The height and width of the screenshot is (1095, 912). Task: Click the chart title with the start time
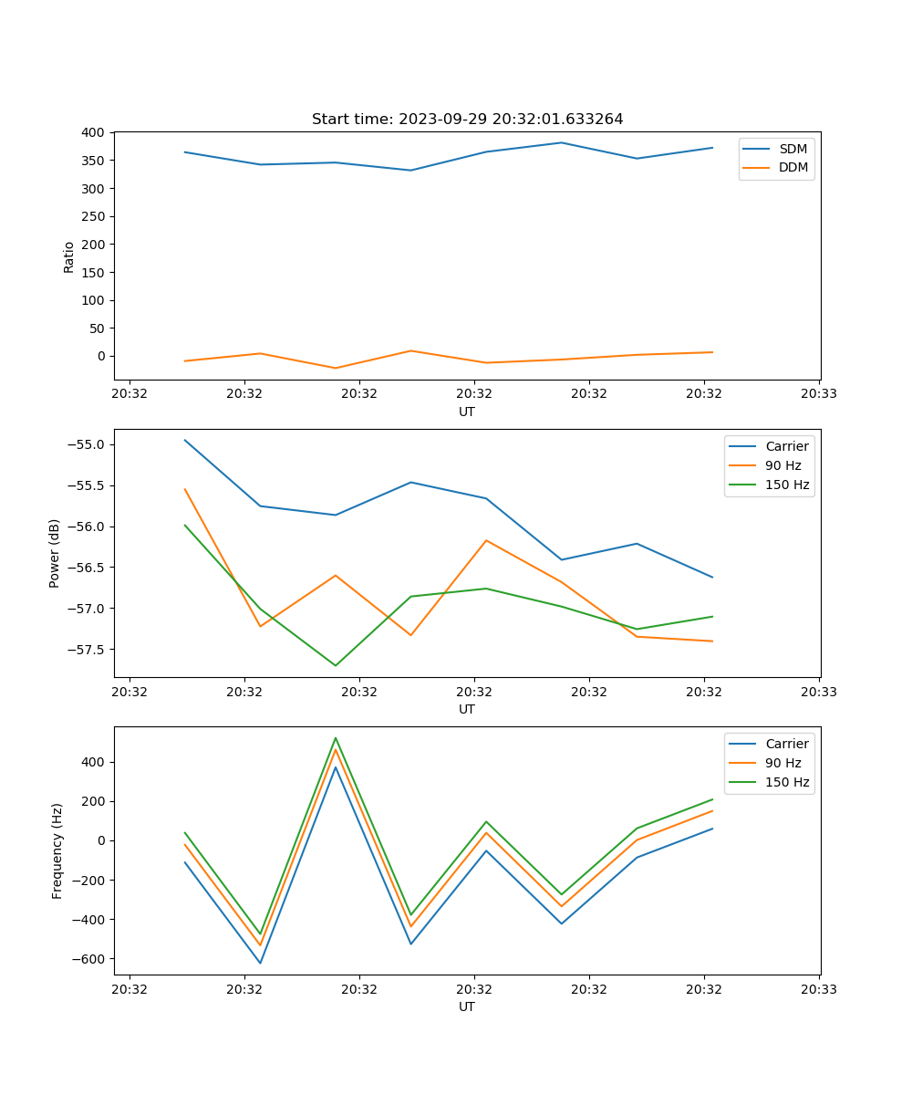pos(467,120)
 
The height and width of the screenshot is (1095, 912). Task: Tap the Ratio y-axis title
pos(69,255)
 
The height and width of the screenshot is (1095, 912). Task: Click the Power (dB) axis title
pos(55,553)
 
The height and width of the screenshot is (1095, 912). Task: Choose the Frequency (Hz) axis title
pos(57,850)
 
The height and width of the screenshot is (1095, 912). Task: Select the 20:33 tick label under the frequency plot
pos(818,989)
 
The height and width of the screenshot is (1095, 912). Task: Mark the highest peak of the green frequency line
pos(336,737)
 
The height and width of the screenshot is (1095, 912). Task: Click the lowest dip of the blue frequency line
pos(260,963)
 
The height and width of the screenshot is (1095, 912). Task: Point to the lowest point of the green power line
pos(336,665)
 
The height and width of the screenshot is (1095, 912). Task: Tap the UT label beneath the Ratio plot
pos(467,412)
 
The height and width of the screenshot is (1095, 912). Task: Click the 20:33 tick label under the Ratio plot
pos(818,394)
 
